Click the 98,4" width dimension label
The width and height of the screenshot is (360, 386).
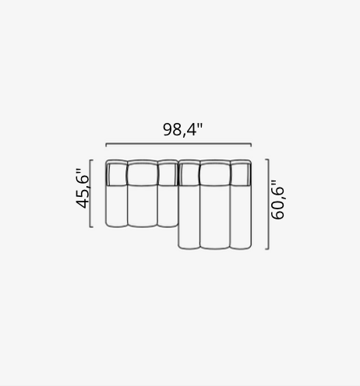[x=182, y=130]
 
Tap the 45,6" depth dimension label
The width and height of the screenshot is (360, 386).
[x=83, y=188]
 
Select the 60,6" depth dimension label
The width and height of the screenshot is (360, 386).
[x=277, y=200]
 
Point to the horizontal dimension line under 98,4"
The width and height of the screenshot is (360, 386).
[x=178, y=143]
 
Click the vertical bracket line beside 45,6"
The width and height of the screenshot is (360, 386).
[x=90, y=194]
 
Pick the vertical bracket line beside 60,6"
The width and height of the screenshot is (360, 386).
[x=268, y=205]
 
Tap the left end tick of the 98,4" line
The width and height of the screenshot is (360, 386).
[x=106, y=145]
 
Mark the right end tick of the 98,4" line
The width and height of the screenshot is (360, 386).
[x=251, y=145]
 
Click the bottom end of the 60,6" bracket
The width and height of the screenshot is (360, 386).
[x=266, y=249]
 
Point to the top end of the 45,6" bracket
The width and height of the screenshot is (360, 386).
[x=91, y=160]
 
